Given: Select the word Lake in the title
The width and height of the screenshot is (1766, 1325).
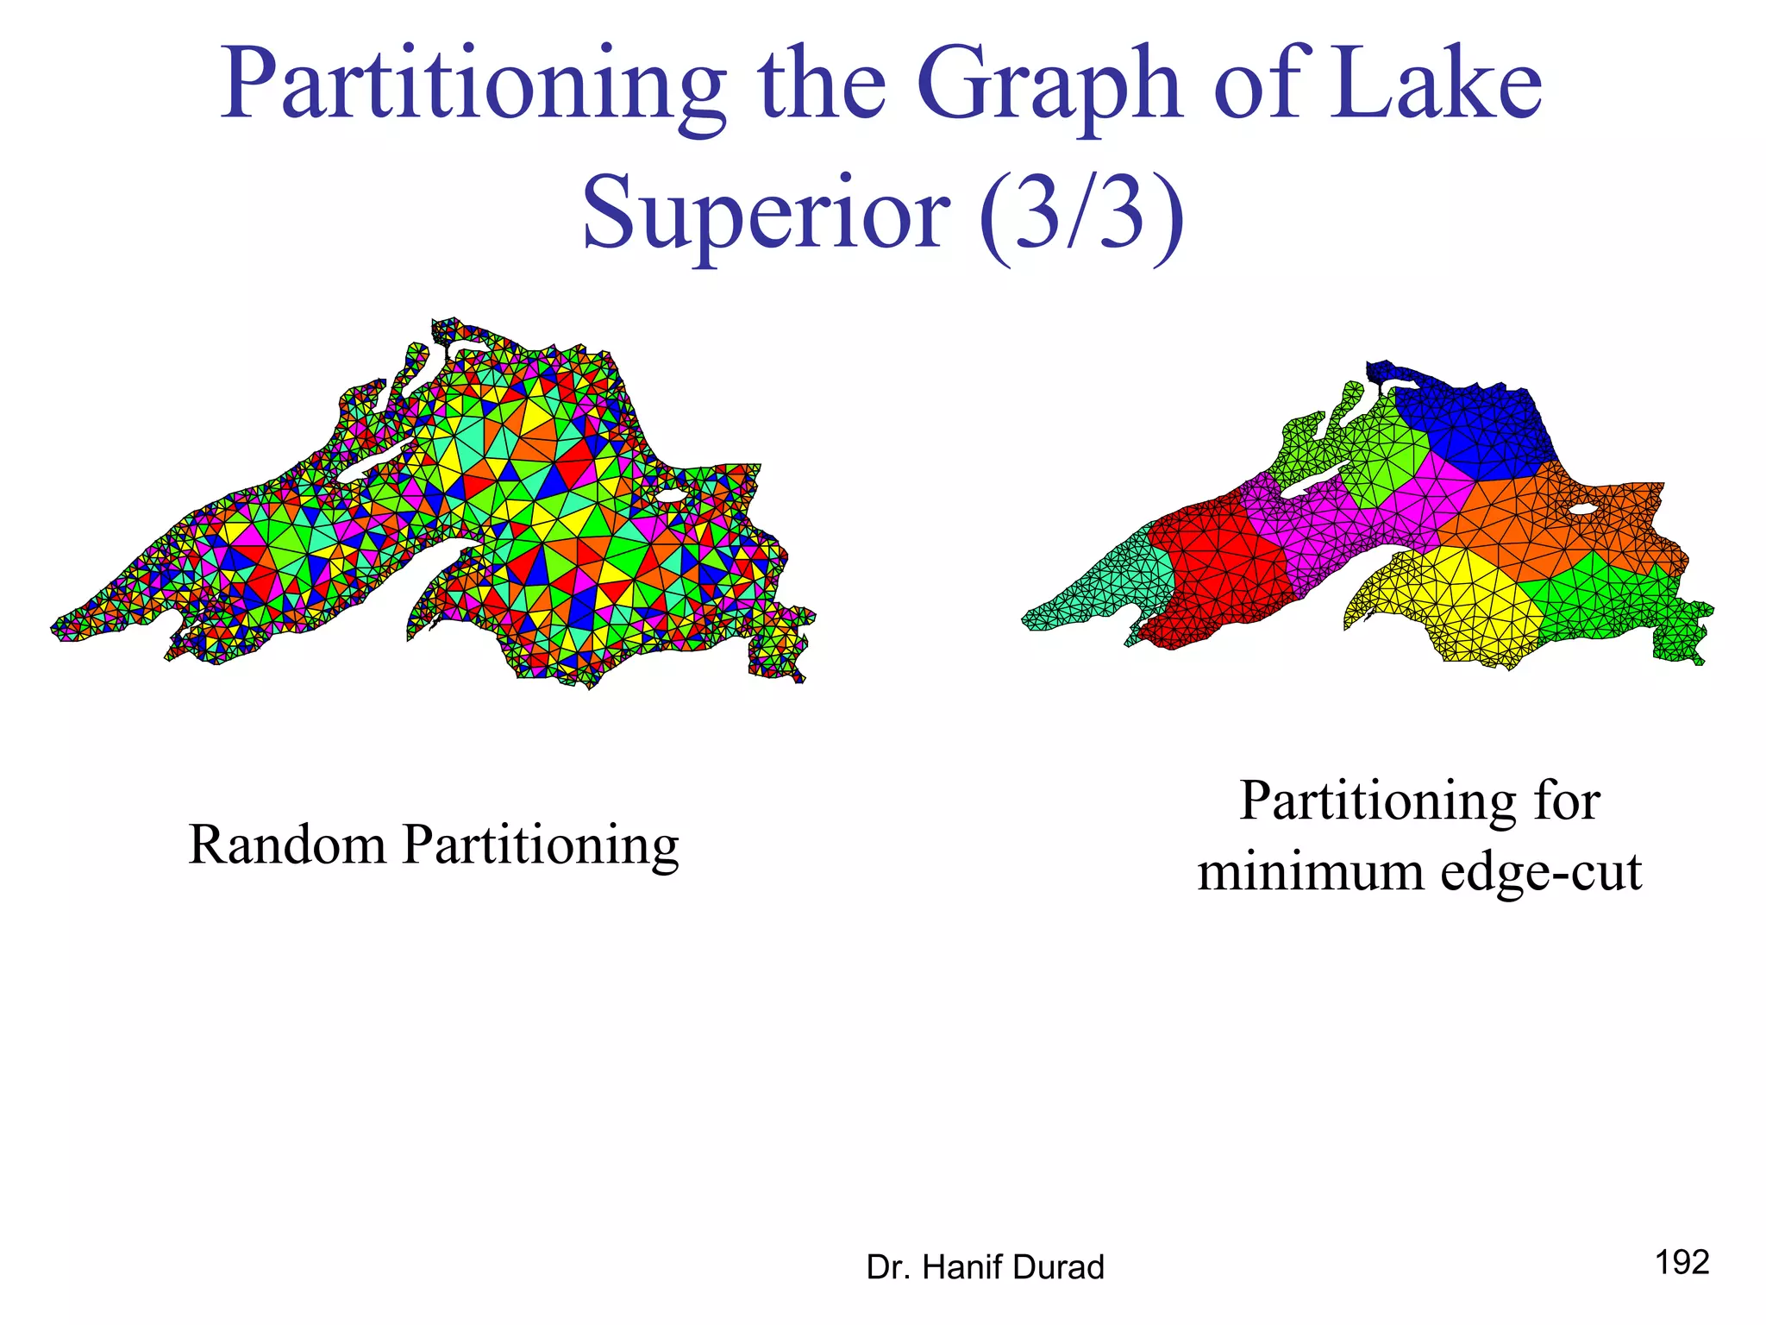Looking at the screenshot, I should click(1434, 85).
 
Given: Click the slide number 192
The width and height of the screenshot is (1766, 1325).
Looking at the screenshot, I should click(1681, 1262).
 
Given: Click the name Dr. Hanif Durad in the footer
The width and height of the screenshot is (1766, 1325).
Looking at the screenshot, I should click(985, 1267).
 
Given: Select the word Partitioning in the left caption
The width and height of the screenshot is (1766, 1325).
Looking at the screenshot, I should click(541, 845).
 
